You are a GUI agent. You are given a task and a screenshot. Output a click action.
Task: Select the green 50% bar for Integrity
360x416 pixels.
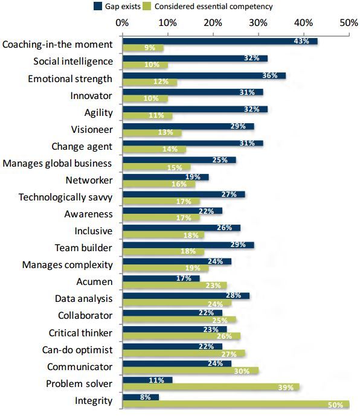[x=235, y=405]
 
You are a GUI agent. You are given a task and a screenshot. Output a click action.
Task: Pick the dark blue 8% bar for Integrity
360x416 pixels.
[x=140, y=397]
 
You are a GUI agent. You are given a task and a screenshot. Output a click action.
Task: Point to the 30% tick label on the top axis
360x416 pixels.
[x=258, y=22]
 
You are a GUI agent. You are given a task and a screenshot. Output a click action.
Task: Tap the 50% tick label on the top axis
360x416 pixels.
[x=349, y=22]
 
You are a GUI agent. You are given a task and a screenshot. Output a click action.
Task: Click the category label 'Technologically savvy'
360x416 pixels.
[x=66, y=197]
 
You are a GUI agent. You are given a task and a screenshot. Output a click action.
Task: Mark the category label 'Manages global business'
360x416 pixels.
[x=57, y=163]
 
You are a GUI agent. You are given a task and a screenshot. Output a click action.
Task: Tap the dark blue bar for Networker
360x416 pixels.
[x=165, y=177]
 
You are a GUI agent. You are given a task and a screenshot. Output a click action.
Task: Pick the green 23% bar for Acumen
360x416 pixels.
[x=174, y=286]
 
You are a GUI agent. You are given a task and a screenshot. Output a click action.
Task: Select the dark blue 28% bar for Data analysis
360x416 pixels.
[x=185, y=295]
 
